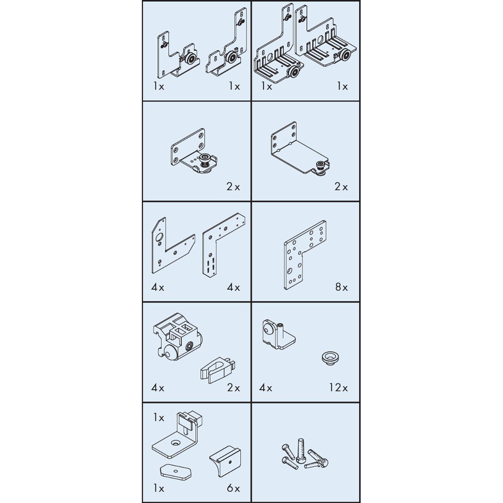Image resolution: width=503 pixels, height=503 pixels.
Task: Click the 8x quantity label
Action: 342,287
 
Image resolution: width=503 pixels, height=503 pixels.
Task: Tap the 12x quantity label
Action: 338,388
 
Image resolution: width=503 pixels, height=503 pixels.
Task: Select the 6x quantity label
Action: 233,488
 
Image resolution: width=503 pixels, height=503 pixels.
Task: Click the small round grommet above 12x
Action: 330,358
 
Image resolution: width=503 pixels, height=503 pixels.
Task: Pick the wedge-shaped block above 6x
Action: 225,461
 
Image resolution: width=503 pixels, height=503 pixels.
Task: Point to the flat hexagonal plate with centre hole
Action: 176,472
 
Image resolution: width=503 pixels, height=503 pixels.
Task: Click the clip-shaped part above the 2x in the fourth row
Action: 217,370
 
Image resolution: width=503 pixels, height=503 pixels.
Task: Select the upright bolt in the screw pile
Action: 301,451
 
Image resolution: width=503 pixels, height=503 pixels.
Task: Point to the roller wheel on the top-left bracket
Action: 191,59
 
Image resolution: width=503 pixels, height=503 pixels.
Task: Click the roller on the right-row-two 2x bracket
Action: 320,165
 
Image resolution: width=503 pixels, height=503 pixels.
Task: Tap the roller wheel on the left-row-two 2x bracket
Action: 204,159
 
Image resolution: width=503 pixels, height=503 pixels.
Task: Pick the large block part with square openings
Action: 177,337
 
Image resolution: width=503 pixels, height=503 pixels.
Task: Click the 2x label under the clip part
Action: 233,388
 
